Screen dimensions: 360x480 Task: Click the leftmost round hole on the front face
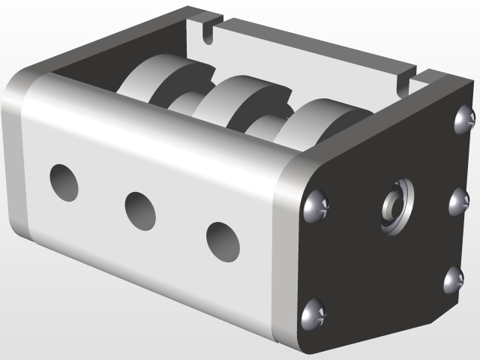(64, 182)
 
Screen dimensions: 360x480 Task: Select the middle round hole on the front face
(140, 211)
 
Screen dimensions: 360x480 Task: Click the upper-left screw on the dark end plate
(316, 206)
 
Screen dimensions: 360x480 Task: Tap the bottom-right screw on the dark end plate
(453, 280)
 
